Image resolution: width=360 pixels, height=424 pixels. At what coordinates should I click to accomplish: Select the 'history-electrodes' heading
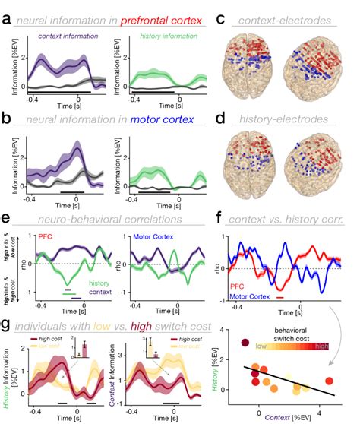coord(286,119)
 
